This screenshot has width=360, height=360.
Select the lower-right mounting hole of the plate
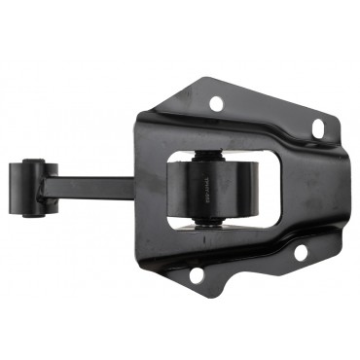tap(301, 252)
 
